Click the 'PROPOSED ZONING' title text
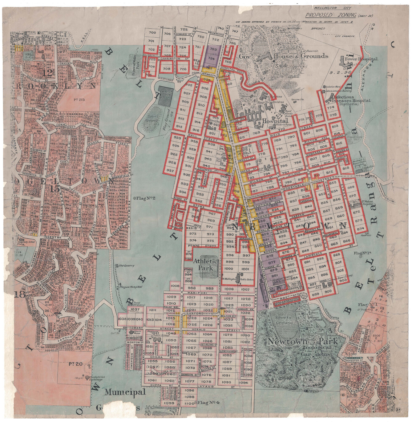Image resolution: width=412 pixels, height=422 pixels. (329, 15)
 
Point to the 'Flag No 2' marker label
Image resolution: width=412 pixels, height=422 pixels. (144, 198)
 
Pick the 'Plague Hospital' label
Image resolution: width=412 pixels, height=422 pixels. (131, 287)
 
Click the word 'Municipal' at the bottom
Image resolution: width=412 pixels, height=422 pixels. (125, 392)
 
